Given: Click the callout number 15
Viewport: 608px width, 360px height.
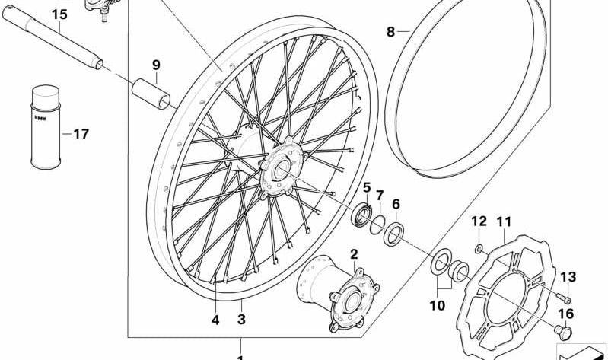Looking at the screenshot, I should coord(59,14).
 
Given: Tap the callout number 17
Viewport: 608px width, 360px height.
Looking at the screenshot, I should coord(81,134).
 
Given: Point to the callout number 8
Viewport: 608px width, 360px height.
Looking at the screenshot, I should coord(390,32).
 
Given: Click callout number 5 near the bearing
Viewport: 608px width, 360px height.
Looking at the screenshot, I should coord(366,187).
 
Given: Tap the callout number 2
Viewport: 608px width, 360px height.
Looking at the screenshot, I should coord(354,253).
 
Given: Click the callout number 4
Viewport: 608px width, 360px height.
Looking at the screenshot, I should coord(215,320).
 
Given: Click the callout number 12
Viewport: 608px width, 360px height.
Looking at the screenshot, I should coord(478,221).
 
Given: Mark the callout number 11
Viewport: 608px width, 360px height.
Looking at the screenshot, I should coord(502,221).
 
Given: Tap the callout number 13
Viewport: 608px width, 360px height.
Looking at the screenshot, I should coord(568,276).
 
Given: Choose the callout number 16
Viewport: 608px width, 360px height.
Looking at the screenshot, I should coord(565,312).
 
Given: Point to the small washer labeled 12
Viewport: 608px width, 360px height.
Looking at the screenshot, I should coord(477,249).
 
